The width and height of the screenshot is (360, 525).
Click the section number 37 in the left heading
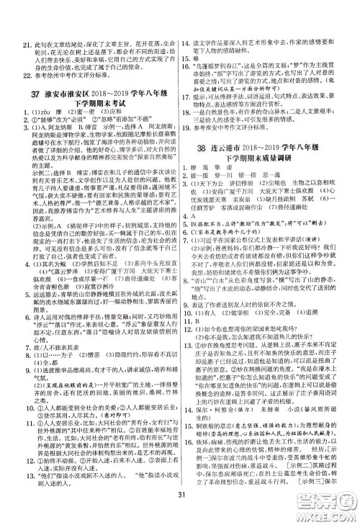point(33,96)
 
